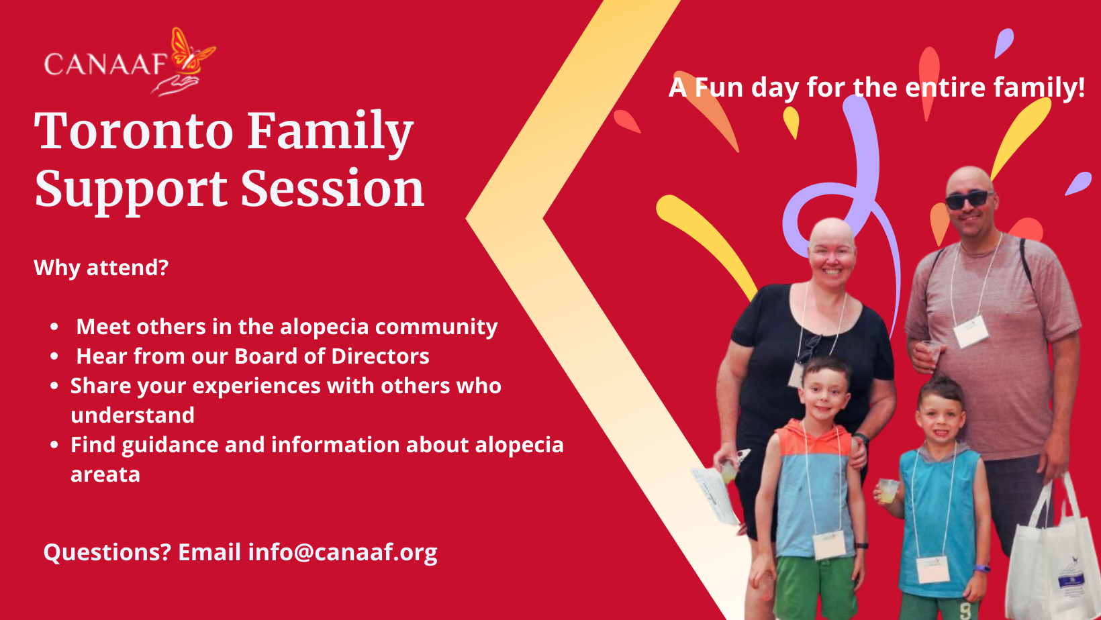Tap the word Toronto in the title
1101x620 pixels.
(134, 132)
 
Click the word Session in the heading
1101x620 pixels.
(332, 189)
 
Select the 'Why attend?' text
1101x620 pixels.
(101, 268)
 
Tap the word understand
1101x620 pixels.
(133, 415)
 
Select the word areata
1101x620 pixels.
(105, 475)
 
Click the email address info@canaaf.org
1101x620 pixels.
(342, 552)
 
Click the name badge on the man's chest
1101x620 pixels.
(971, 331)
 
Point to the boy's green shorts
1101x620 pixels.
(816, 588)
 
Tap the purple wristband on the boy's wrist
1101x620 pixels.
(981, 569)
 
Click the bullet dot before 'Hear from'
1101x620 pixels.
(54, 356)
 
